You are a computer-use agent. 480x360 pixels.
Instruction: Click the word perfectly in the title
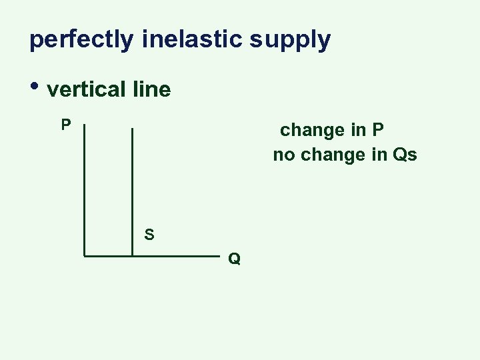pyautogui.click(x=82, y=40)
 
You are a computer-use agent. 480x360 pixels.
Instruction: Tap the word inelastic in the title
pyautogui.click(x=192, y=40)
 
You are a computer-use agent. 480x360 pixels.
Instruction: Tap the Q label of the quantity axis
pyautogui.click(x=234, y=259)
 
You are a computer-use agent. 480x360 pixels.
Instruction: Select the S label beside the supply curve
pyautogui.click(x=149, y=235)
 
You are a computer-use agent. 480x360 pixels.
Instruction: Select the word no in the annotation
pyautogui.click(x=284, y=155)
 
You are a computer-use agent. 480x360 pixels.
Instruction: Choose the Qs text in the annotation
pyautogui.click(x=405, y=155)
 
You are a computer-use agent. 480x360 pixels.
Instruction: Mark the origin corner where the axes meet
pyautogui.click(x=84, y=255)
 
